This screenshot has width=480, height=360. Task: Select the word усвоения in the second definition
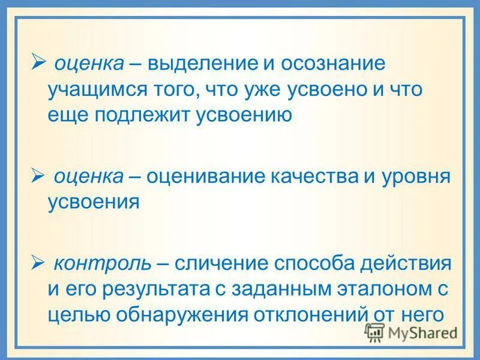point(94,202)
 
